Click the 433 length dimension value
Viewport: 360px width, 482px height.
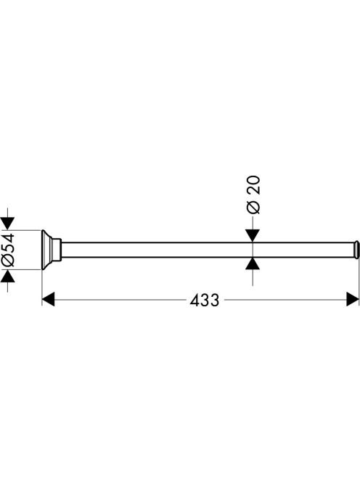[x=205, y=300]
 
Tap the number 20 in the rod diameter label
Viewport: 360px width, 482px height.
[x=253, y=185]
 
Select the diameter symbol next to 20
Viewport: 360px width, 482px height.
[x=253, y=208]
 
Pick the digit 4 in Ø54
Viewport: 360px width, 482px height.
[x=8, y=237]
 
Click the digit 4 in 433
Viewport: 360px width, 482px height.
[x=195, y=300]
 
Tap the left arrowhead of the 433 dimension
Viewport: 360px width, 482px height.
[x=49, y=299]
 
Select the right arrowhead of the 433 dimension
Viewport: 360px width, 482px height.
[x=353, y=299]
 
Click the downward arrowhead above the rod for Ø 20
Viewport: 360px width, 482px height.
[x=253, y=236]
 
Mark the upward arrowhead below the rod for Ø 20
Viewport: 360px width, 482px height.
[x=253, y=264]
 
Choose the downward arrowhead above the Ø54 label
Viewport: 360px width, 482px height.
[x=7, y=224]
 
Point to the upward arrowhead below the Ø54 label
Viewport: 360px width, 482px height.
[x=7, y=277]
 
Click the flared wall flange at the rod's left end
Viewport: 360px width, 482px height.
[x=46, y=250]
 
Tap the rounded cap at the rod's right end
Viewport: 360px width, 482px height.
[x=356, y=250]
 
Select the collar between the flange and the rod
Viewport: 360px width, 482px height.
[x=57, y=250]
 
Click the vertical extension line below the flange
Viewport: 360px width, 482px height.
[x=42, y=288]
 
